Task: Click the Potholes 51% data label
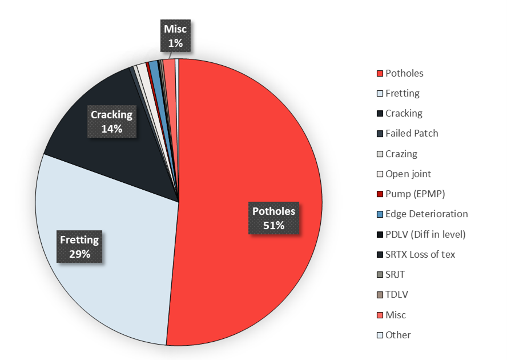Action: click(x=274, y=218)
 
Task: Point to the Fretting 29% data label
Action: click(x=79, y=246)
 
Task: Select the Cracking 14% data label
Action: click(x=112, y=121)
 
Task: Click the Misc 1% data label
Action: click(x=175, y=35)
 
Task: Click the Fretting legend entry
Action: click(x=402, y=93)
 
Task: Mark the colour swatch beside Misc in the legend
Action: click(x=380, y=315)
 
